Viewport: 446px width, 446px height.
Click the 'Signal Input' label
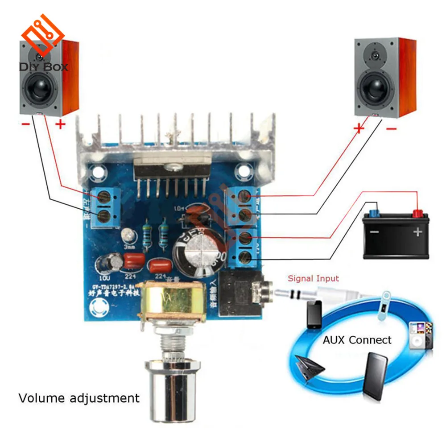click(313, 279)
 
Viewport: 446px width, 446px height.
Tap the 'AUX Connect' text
click(357, 340)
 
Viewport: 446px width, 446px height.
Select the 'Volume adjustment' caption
click(78, 397)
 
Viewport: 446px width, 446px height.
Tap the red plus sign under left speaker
click(60, 124)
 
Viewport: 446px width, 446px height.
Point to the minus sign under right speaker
click(391, 129)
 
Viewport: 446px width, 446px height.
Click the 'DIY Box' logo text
click(43, 67)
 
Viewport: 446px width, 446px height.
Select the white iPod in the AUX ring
click(420, 335)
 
